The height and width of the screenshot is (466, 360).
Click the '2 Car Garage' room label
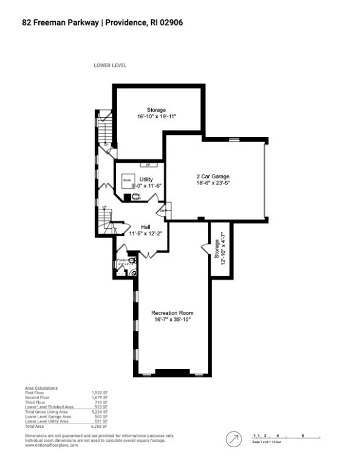click(x=212, y=176)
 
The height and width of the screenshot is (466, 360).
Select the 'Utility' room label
click(x=146, y=180)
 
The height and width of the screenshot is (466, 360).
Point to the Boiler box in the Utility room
click(x=127, y=180)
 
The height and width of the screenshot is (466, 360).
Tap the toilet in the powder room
click(x=133, y=272)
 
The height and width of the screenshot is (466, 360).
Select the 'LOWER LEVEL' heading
click(x=110, y=66)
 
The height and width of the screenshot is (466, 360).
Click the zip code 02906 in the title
click(x=171, y=22)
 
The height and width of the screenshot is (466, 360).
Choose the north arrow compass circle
click(x=233, y=438)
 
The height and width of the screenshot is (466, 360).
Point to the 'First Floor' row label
click(x=35, y=393)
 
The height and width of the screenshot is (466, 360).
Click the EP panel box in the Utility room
click(x=146, y=164)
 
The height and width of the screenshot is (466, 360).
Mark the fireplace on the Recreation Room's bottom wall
click(x=172, y=371)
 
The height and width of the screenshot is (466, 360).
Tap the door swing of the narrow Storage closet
click(x=205, y=246)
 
